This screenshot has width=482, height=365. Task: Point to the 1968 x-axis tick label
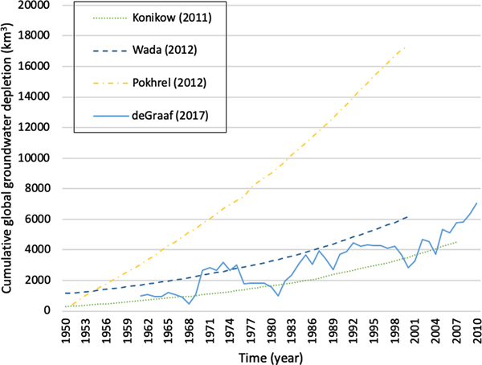[190, 330]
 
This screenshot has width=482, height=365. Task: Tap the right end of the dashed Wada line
[407, 216]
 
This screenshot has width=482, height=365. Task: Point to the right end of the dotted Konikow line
[457, 242]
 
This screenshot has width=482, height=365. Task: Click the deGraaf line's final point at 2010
[477, 203]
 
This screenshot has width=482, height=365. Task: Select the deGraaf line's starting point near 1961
[139, 296]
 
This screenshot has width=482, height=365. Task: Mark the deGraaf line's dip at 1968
[190, 303]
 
